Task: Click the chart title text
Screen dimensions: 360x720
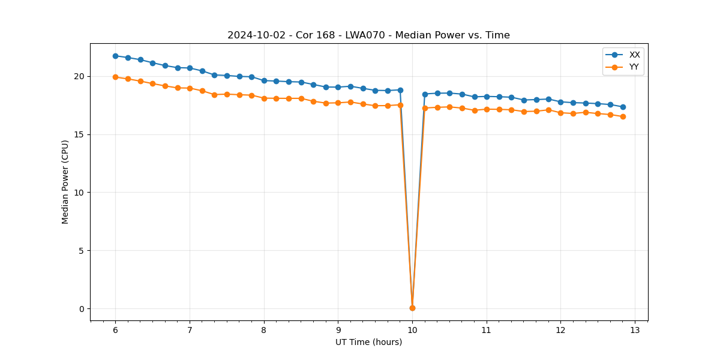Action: (368, 35)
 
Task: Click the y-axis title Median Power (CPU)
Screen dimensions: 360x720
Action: (65, 182)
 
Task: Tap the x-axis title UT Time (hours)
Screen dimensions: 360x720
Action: (368, 342)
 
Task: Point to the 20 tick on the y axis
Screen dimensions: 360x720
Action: (79, 76)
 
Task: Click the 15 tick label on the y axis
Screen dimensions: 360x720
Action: (79, 134)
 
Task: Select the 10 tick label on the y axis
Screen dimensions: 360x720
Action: (79, 193)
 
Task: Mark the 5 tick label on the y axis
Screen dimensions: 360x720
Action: (82, 251)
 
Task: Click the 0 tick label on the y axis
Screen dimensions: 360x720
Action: (82, 309)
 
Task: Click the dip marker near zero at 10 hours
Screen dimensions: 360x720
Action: (412, 308)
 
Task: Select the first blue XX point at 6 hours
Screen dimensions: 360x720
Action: (115, 56)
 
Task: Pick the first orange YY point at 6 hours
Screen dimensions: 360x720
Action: (115, 77)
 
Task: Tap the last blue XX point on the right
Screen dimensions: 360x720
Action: (623, 107)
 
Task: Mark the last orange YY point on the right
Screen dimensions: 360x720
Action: (623, 116)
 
